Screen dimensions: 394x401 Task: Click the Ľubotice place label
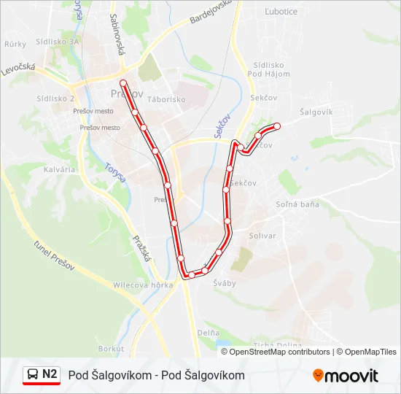click(281, 11)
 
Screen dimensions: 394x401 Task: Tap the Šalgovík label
click(316, 112)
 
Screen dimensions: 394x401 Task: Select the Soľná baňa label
click(297, 204)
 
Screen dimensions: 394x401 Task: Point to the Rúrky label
click(15, 45)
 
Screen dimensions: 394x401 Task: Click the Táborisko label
click(166, 98)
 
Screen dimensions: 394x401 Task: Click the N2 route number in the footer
click(50, 374)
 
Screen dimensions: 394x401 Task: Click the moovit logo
click(346, 376)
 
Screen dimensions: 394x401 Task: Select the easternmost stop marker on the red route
click(277, 126)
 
